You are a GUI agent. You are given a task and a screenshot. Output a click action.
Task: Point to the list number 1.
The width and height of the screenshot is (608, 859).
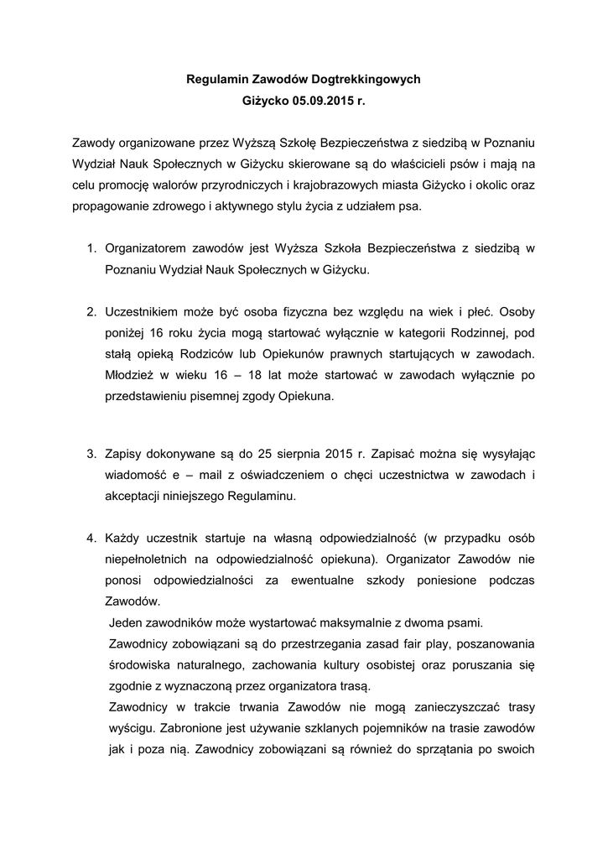91,249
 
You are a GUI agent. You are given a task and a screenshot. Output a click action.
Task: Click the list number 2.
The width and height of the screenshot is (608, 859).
91,312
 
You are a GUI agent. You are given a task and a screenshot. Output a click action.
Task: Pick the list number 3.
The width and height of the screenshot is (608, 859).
91,454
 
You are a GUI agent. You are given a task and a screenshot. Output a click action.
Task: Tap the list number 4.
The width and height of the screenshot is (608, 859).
91,537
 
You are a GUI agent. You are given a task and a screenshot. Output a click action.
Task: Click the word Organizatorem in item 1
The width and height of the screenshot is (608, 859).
145,249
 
